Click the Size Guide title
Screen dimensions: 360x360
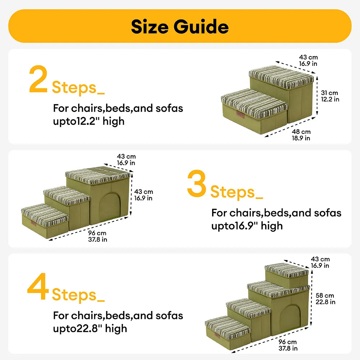(x=180, y=27)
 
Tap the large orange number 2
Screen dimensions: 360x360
(x=38, y=79)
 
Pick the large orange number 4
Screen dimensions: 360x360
(x=38, y=288)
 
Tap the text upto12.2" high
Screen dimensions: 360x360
(x=89, y=121)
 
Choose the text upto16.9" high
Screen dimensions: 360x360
(x=247, y=226)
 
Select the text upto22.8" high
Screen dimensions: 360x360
(x=90, y=328)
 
